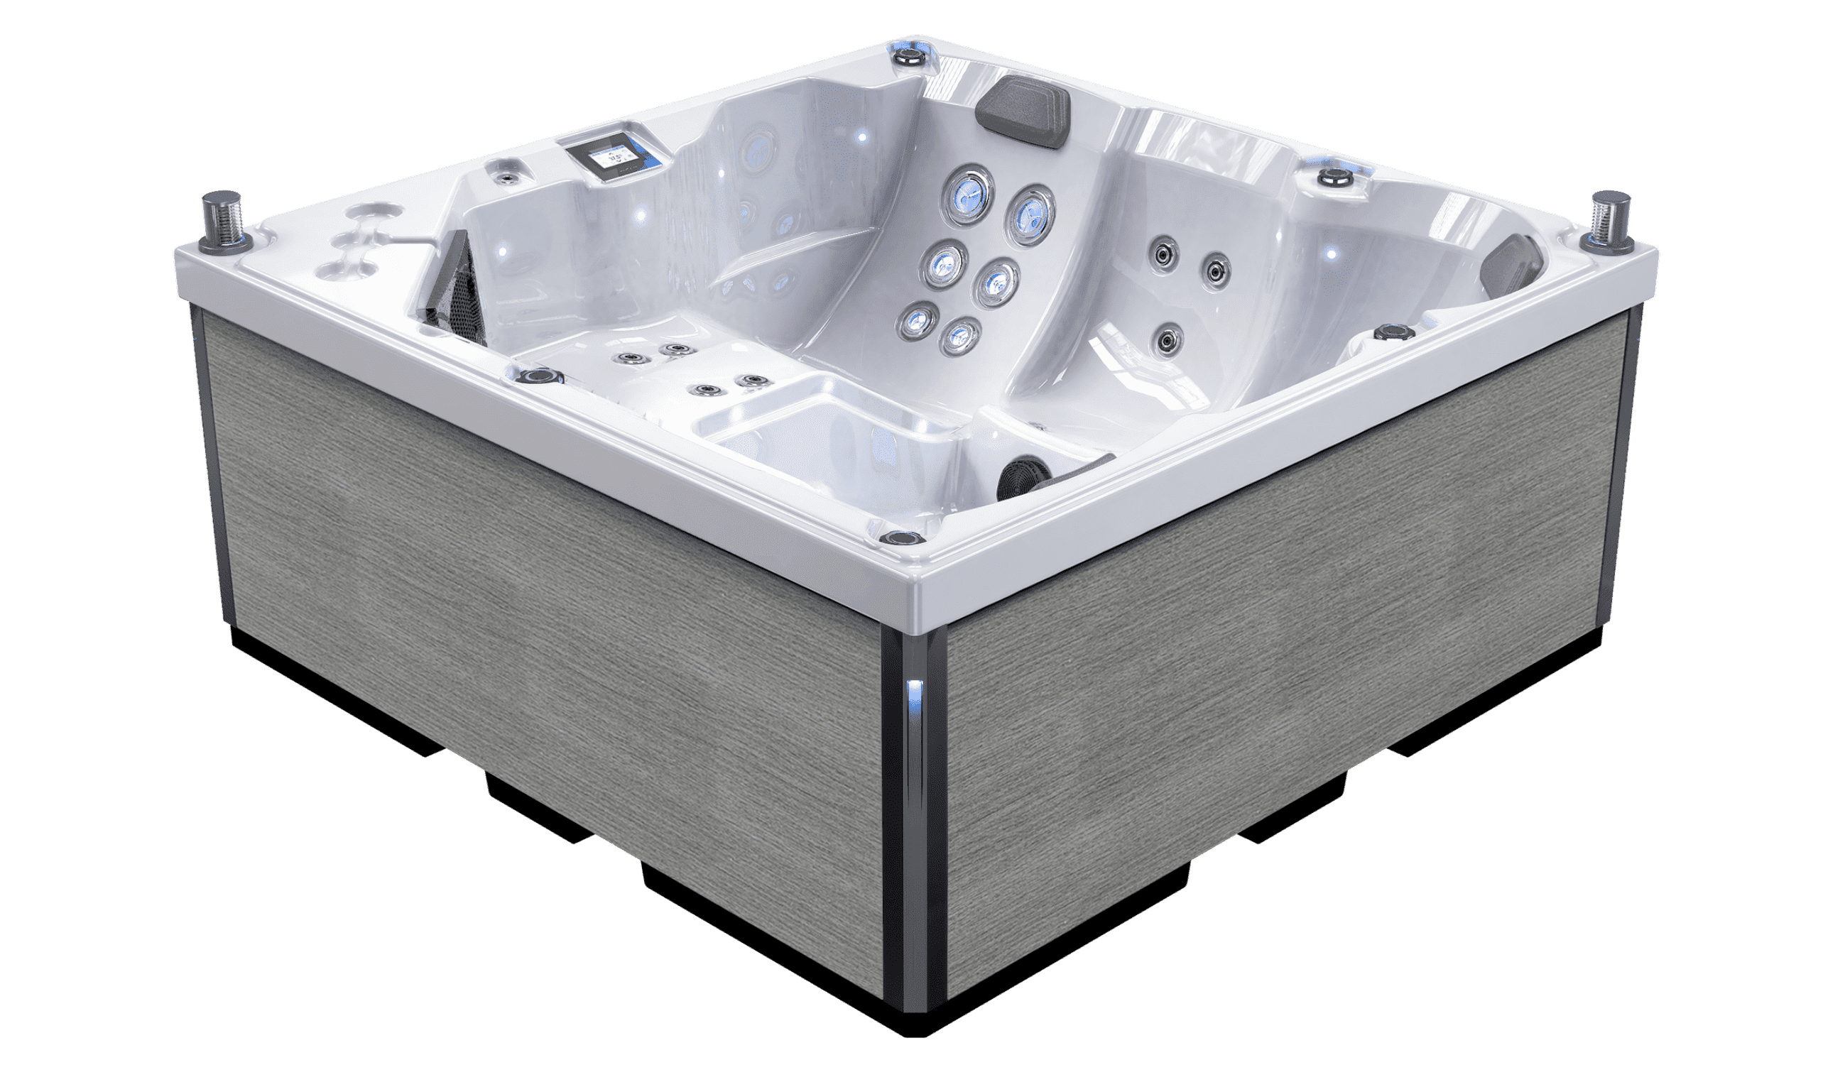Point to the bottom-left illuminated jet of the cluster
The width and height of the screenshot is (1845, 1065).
(x=915, y=320)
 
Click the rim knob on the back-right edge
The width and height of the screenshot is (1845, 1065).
(x=1334, y=176)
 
